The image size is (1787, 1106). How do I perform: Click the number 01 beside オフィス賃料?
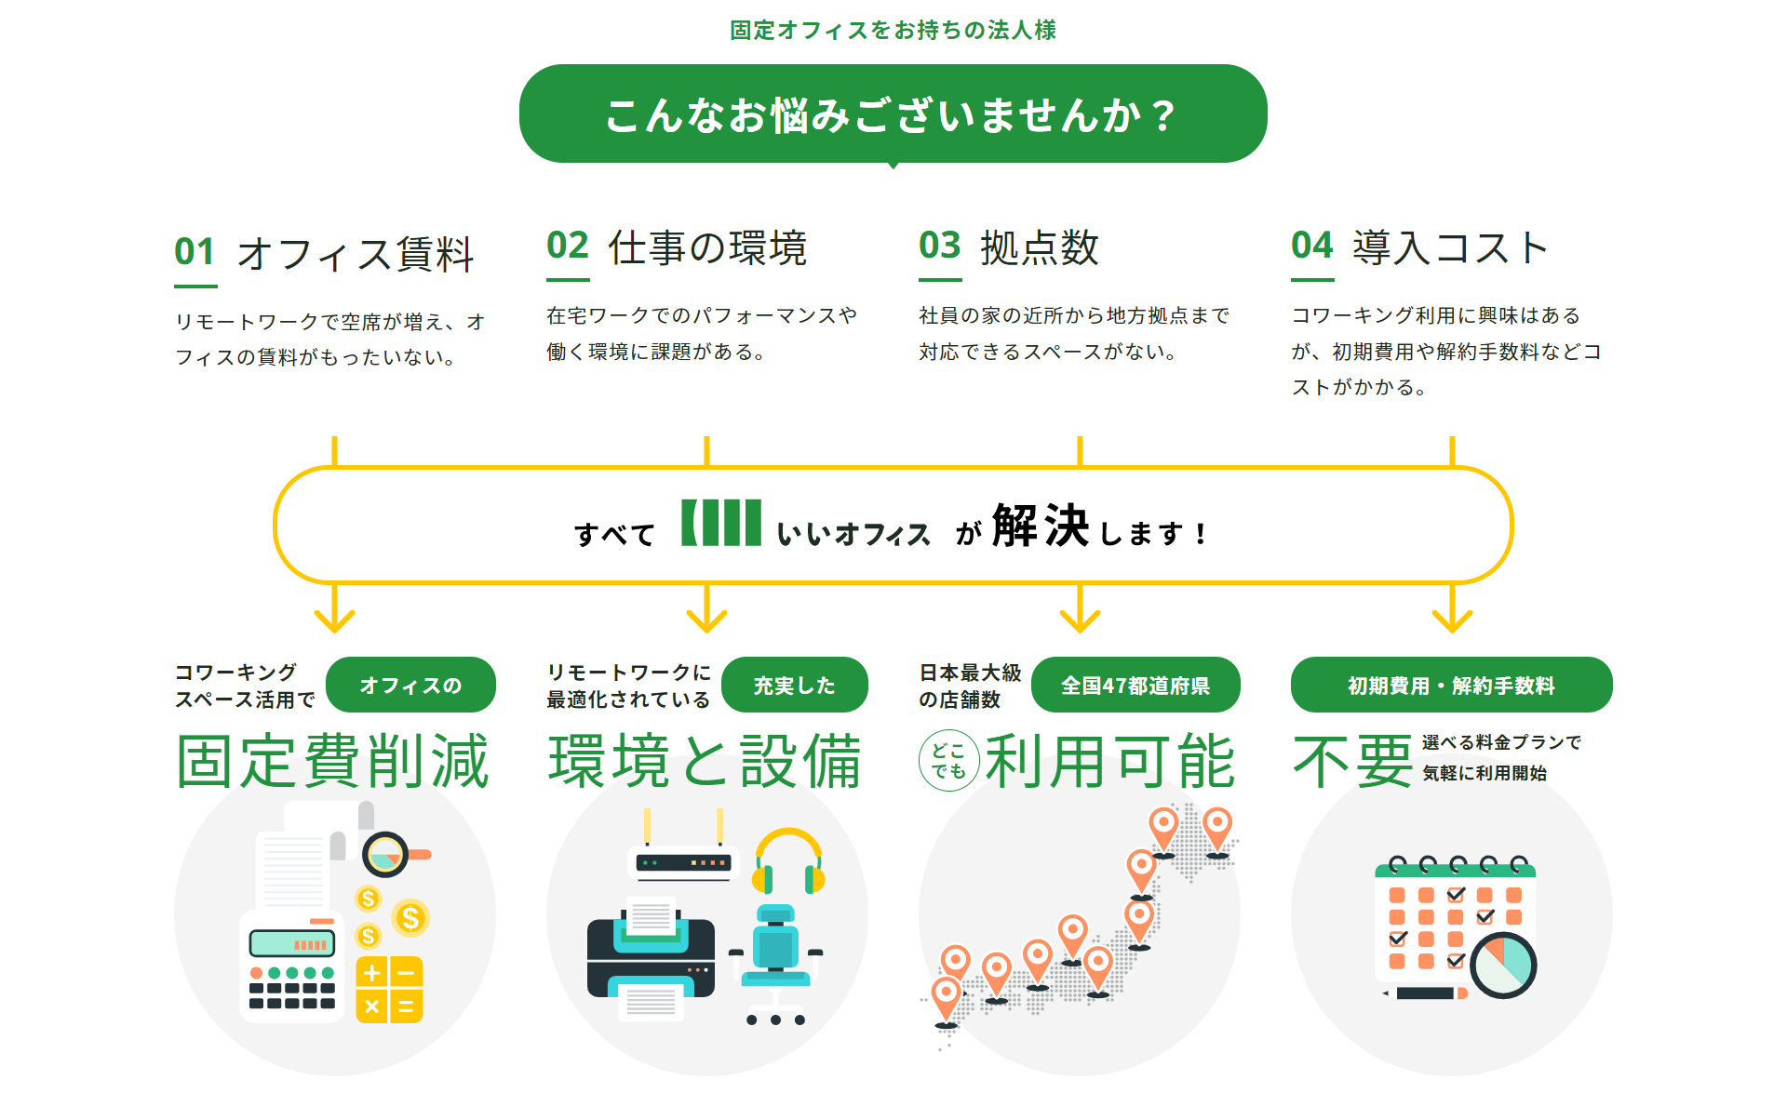point(195,252)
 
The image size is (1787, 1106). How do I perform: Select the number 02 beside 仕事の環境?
point(568,247)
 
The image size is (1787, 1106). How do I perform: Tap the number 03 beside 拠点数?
point(939,247)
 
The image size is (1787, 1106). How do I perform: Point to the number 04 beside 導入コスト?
point(1311,247)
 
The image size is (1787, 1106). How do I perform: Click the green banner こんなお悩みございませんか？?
point(893,114)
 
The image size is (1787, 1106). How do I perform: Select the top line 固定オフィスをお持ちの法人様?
point(893,31)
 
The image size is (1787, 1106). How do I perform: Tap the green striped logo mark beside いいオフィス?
point(721,523)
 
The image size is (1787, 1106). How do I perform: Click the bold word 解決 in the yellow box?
point(1041,526)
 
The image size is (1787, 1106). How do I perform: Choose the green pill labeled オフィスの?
point(410,686)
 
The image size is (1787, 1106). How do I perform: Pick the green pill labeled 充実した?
point(794,686)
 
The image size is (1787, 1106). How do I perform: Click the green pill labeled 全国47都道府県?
point(1135,686)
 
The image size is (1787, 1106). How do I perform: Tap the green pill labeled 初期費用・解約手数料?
point(1451,686)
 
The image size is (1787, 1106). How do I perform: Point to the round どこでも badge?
point(948,761)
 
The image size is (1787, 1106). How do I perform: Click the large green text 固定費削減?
point(333,761)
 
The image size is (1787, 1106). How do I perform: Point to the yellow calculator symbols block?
point(389,990)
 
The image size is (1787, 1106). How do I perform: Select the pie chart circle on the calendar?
point(1502,966)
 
